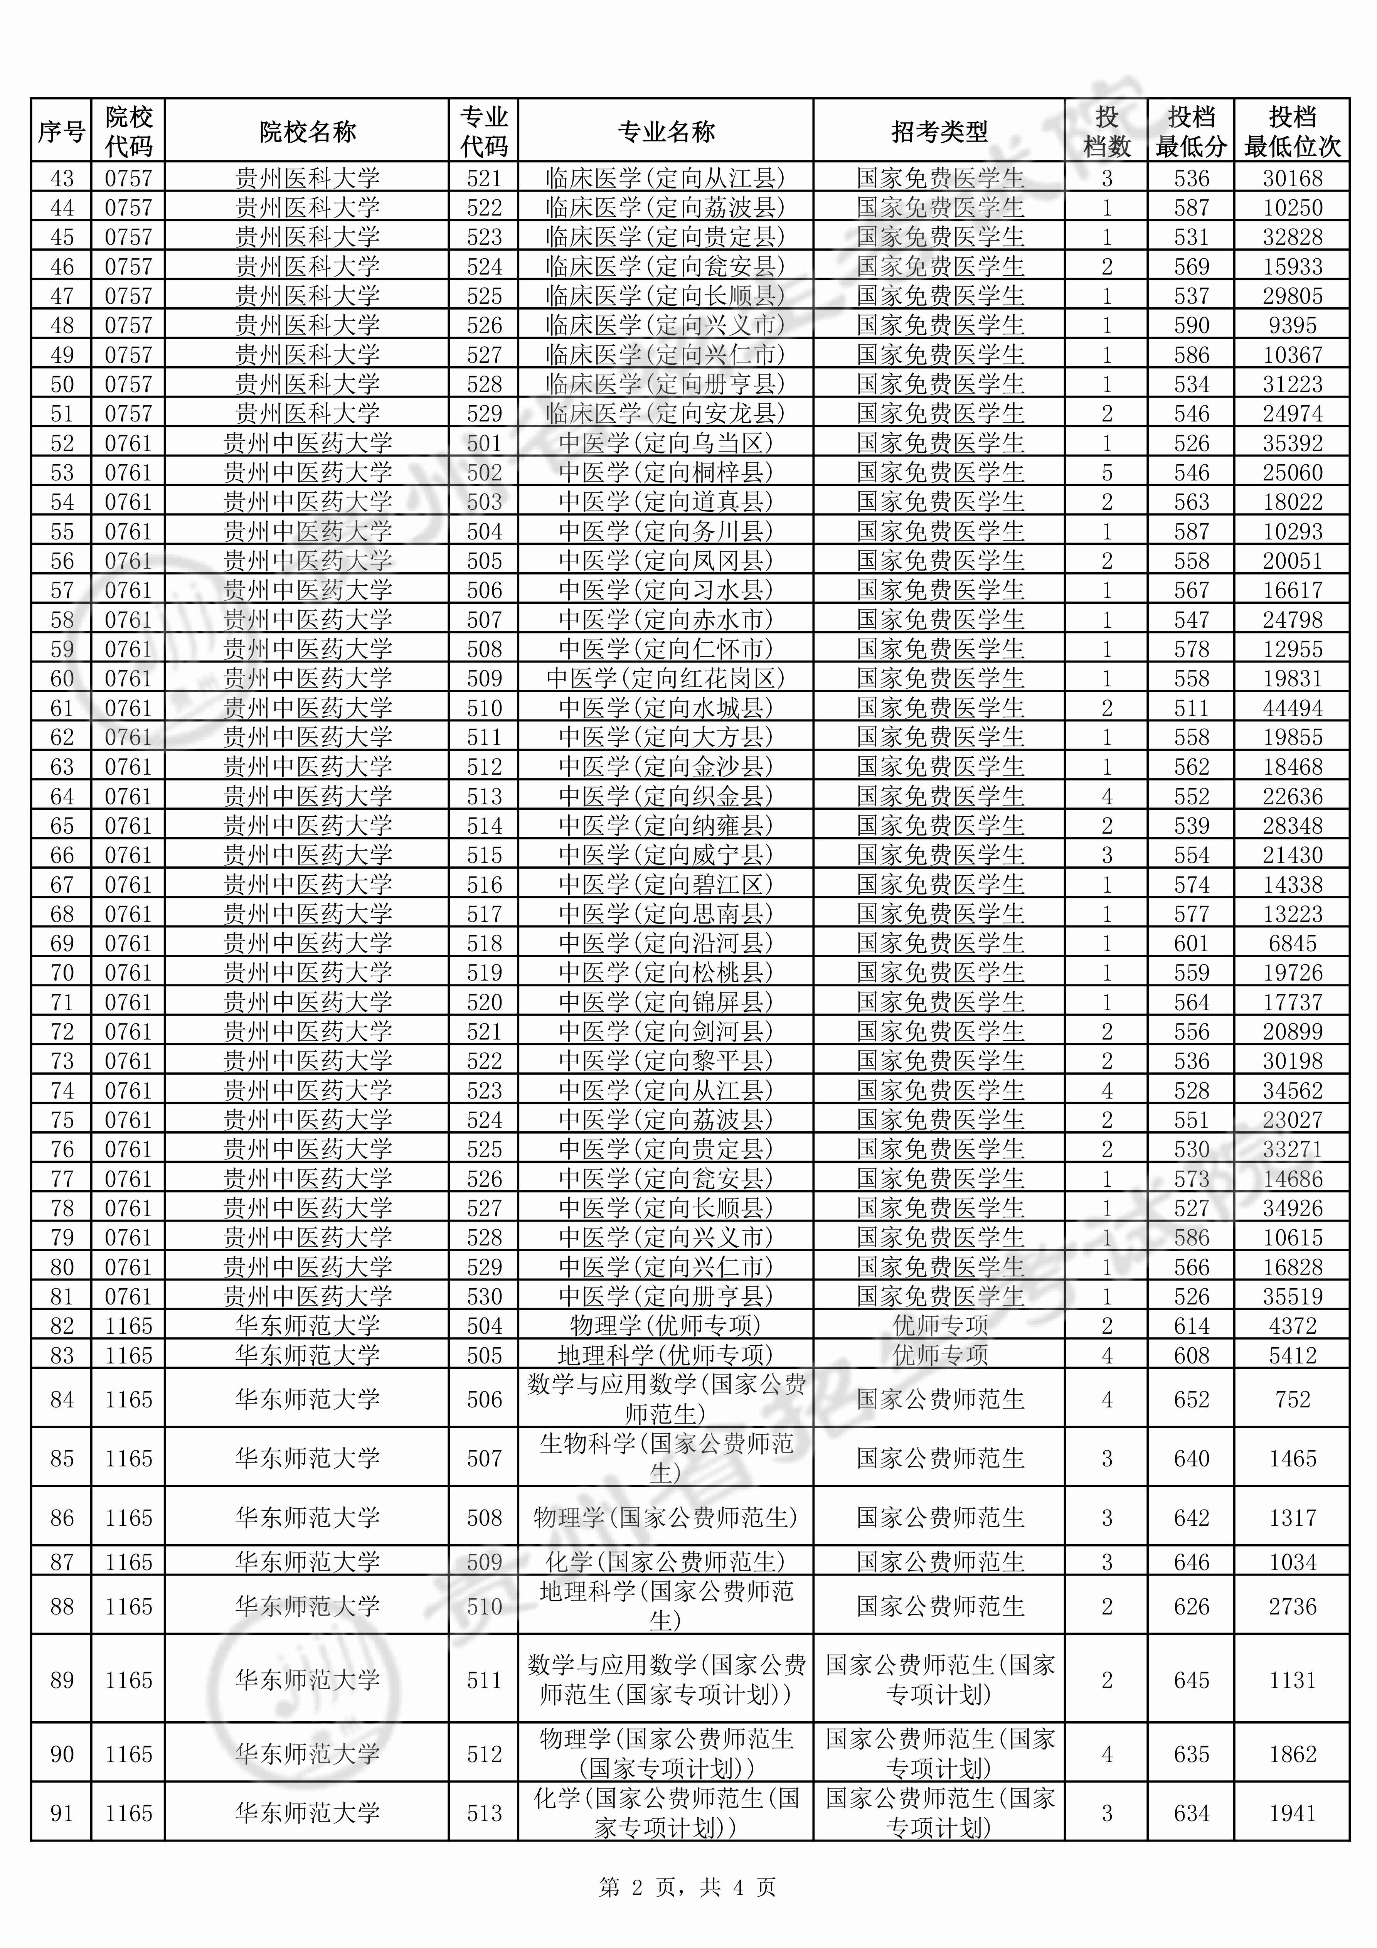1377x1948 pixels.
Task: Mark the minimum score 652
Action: tap(1191, 1399)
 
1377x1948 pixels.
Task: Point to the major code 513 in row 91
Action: tap(485, 1813)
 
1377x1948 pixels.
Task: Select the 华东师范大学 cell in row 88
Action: tap(307, 1606)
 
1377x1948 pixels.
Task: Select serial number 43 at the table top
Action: tap(62, 178)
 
